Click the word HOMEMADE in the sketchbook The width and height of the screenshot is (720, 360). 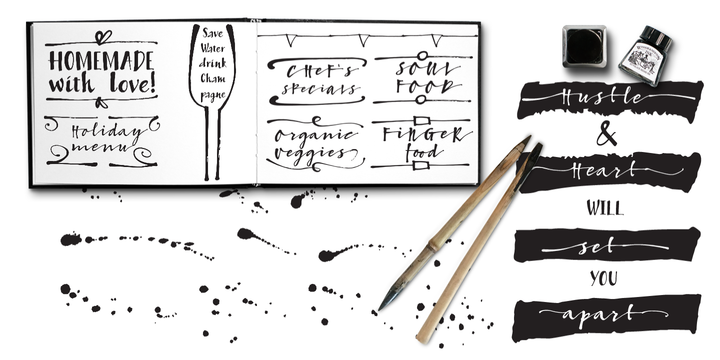[x=101, y=61]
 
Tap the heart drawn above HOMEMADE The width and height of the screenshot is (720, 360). [x=103, y=36]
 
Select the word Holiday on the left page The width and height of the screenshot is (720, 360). [x=107, y=132]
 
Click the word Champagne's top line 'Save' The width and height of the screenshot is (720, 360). [x=213, y=33]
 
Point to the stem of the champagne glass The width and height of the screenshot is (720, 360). [x=212, y=143]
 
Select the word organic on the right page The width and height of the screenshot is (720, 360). [x=315, y=135]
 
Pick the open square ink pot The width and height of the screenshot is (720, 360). [x=584, y=46]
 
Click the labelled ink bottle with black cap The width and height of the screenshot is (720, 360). [x=645, y=56]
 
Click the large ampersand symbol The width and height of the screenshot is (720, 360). [x=607, y=135]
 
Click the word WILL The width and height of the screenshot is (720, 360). [x=605, y=208]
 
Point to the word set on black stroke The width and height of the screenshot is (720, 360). [x=596, y=247]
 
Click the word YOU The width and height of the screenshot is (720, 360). [x=603, y=278]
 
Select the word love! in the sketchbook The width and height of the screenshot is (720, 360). [x=132, y=84]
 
